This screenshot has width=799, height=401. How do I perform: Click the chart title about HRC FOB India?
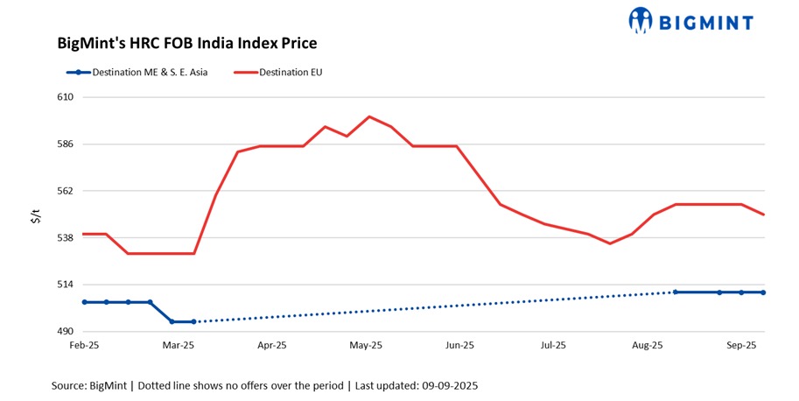[186, 42]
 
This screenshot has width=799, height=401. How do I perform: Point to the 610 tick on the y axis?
[65, 97]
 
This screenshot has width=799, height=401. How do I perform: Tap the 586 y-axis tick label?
[65, 144]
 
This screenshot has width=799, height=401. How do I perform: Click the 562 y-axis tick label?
[65, 191]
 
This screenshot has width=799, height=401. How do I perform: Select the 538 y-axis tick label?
[65, 237]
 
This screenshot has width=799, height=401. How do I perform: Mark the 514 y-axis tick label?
[65, 285]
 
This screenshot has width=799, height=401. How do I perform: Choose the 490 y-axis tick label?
[65, 332]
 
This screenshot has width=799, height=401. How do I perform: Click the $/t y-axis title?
[36, 215]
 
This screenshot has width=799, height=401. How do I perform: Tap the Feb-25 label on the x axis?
[84, 346]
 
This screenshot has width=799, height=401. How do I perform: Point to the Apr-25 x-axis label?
[272, 346]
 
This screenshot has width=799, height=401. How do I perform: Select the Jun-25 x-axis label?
[459, 346]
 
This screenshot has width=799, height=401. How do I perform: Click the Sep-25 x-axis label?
[742, 346]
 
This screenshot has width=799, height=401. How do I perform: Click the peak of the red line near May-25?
[369, 116]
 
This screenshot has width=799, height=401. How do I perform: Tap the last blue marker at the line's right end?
[763, 292]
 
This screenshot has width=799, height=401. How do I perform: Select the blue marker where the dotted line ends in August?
[676, 292]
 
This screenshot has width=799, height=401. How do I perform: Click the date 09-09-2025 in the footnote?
[446, 385]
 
